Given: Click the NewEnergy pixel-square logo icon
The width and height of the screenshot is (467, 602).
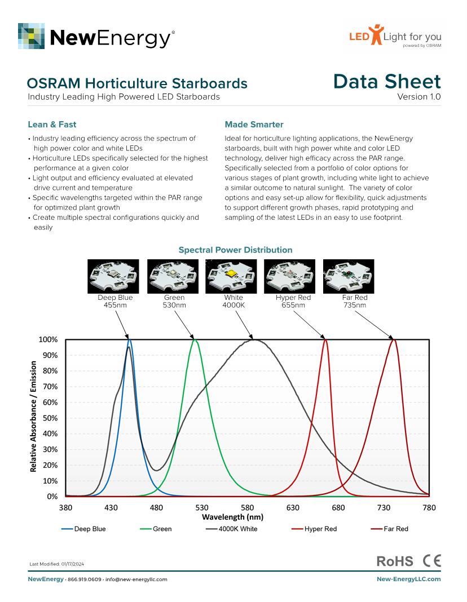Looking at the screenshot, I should click(31, 36).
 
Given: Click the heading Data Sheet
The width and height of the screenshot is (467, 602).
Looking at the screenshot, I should click(387, 82).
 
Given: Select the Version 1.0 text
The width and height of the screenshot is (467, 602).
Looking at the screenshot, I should click(419, 97).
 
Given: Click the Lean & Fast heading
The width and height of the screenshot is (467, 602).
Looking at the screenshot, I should click(52, 125).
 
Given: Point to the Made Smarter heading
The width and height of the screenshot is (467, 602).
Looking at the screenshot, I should click(254, 125).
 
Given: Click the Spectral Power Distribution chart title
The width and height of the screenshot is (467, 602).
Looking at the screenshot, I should click(235, 250).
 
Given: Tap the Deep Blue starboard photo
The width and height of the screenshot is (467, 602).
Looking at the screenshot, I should click(114, 276).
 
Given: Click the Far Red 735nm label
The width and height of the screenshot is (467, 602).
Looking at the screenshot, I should click(354, 301).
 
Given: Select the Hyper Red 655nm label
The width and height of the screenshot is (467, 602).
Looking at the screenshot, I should click(293, 301).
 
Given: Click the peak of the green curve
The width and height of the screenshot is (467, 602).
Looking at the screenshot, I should click(195, 340).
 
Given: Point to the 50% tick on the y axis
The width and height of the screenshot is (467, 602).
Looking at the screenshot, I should click(50, 418).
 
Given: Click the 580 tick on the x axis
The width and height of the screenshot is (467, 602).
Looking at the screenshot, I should click(248, 508).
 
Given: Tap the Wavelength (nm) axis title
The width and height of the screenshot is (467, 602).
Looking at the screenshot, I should click(233, 517).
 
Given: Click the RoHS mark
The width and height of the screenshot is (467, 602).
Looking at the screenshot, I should click(394, 561).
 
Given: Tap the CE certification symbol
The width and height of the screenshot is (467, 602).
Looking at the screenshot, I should click(431, 561).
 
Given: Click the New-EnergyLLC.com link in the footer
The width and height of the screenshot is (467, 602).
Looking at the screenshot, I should click(408, 579).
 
